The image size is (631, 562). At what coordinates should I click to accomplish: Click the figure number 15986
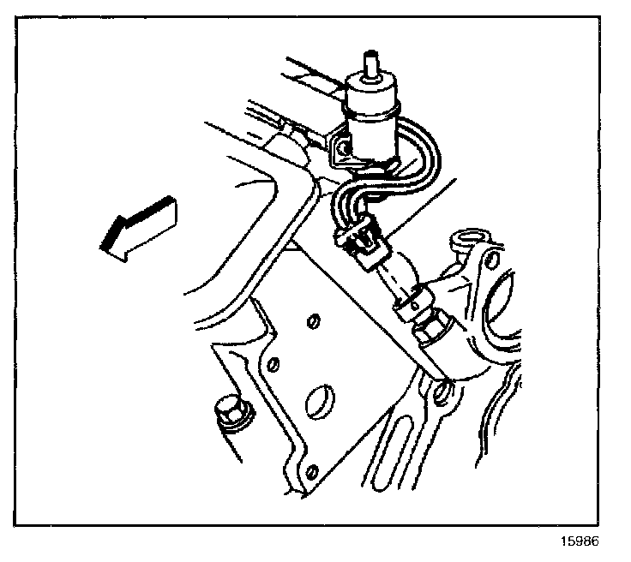[580, 541]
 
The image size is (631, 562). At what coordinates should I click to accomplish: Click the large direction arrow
[139, 228]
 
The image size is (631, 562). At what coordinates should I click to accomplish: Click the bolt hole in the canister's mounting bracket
[342, 148]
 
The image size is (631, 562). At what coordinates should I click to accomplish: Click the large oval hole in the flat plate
[320, 401]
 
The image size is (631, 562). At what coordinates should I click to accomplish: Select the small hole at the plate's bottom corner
[311, 470]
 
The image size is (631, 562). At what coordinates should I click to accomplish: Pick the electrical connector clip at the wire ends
[362, 243]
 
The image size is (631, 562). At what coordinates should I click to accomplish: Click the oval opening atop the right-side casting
[470, 237]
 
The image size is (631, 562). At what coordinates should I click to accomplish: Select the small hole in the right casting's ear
[492, 261]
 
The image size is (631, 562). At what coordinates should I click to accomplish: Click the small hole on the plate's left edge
[274, 364]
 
